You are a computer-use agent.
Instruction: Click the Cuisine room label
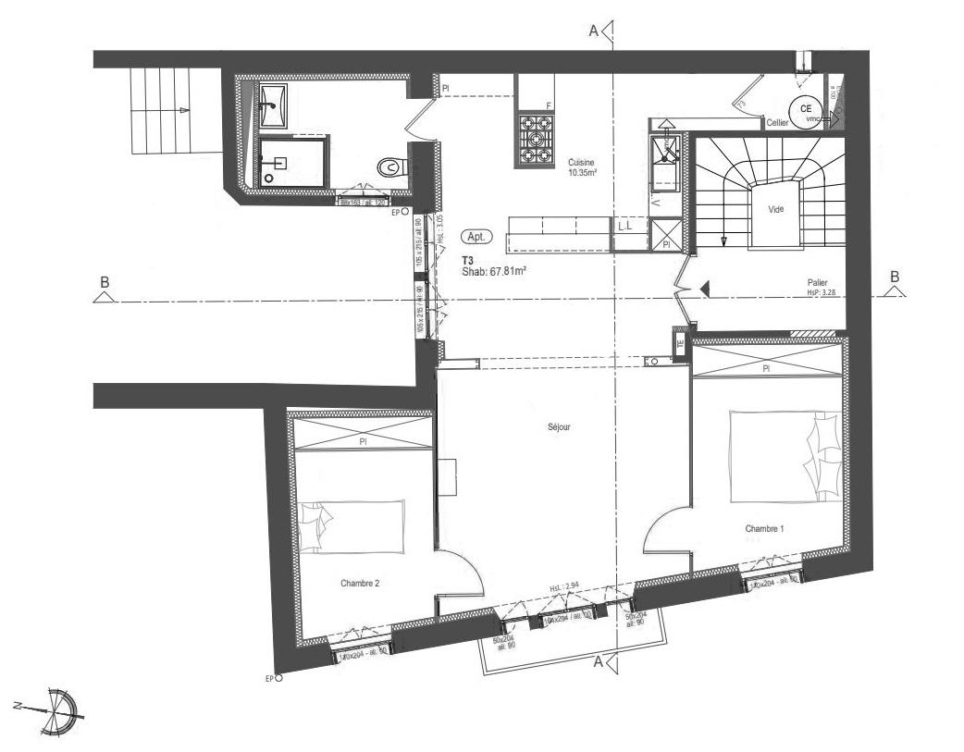click(581, 161)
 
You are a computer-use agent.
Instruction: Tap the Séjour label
click(558, 427)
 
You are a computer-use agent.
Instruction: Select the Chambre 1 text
click(764, 528)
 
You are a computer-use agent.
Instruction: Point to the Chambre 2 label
click(360, 584)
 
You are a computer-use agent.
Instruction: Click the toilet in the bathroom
click(390, 166)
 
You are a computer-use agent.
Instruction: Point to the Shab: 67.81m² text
click(494, 272)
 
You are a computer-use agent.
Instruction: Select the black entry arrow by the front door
click(704, 290)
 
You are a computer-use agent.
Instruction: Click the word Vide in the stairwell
click(775, 210)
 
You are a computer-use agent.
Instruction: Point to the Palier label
click(817, 285)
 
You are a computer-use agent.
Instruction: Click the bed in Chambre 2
click(352, 527)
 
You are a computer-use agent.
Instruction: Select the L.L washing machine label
click(624, 226)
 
